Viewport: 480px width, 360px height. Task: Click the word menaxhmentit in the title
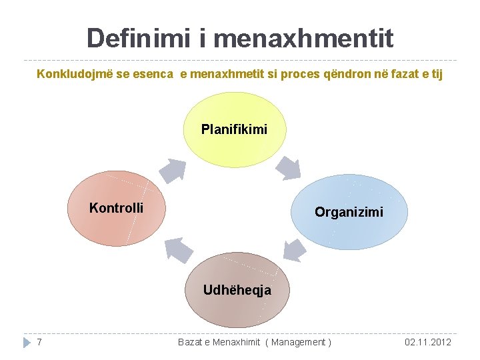[304, 38]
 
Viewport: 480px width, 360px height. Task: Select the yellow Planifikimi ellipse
[234, 129]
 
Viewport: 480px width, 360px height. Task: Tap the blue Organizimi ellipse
[349, 211]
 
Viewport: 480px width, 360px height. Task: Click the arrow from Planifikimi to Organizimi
[289, 167]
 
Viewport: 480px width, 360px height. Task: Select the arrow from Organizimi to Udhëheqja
[293, 249]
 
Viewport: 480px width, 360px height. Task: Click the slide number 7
[40, 342]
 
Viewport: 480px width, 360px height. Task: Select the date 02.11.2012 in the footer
[427, 342]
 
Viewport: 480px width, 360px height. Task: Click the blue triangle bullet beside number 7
[27, 342]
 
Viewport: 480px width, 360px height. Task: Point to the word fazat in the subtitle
[408, 73]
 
